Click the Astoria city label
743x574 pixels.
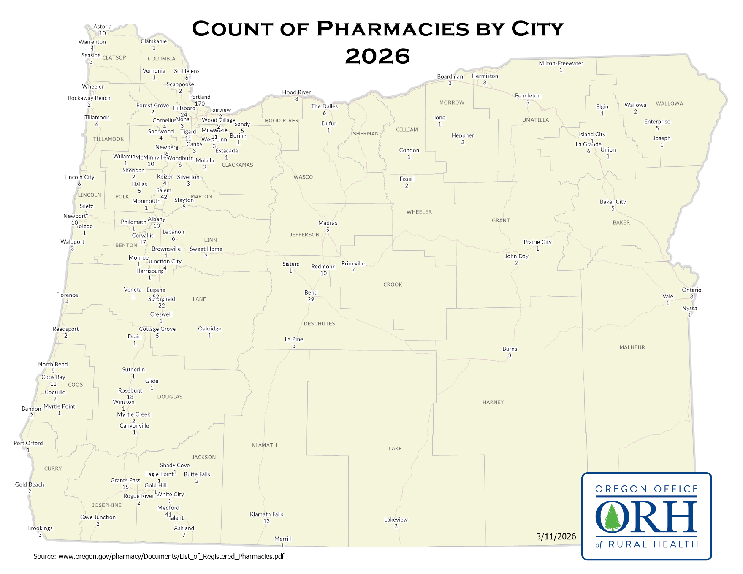[x=102, y=27]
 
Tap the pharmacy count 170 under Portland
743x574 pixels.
[x=200, y=103]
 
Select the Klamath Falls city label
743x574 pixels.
[x=266, y=514]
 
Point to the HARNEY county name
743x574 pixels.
[x=493, y=402]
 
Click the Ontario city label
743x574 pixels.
[x=691, y=290]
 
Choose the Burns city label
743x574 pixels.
[x=510, y=349]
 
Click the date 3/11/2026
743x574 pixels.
[x=556, y=536]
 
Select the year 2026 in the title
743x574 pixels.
[x=377, y=57]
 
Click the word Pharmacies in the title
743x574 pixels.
[x=393, y=29]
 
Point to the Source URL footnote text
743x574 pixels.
[x=159, y=556]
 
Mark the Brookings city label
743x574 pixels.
[x=40, y=528]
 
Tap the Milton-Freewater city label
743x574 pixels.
[x=561, y=63]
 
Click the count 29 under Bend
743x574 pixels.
[x=311, y=299]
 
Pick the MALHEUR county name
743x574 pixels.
[x=632, y=347]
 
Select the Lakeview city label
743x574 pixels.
[x=396, y=520]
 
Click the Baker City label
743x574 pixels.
[x=613, y=202]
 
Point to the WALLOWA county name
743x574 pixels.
[x=669, y=103]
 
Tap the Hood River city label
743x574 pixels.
[x=296, y=92]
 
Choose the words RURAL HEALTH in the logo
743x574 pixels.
[x=653, y=544]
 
